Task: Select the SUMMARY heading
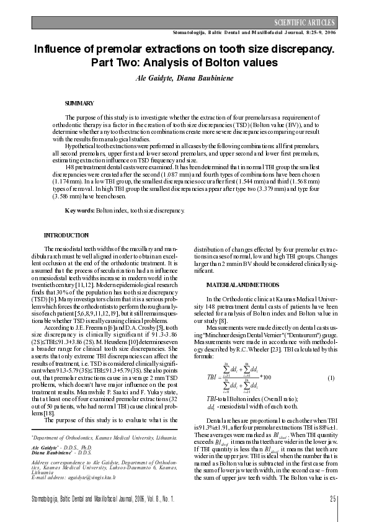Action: [79, 103]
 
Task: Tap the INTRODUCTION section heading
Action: [66, 236]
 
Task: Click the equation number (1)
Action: [331, 378]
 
